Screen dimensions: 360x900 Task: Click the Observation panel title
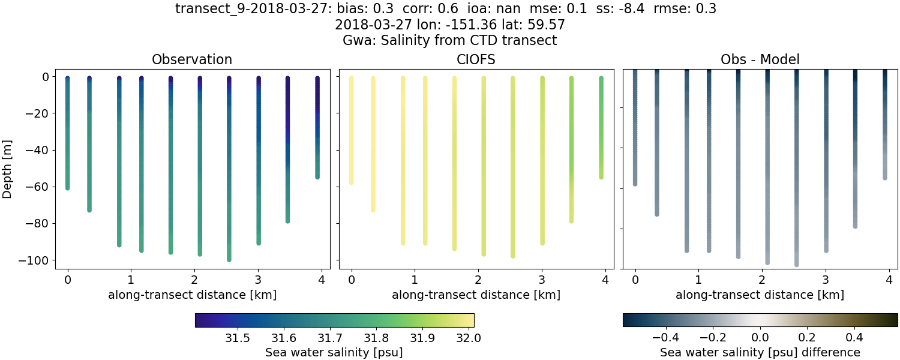click(192, 59)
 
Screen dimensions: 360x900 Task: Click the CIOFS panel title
click(476, 59)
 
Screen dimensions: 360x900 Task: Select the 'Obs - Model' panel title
click(760, 59)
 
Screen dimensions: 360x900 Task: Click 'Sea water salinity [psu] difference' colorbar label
click(760, 352)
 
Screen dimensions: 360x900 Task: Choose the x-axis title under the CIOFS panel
click(476, 295)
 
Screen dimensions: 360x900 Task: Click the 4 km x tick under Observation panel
click(322, 279)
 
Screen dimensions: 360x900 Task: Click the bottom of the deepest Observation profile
click(229, 259)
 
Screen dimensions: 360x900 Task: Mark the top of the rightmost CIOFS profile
click(601, 79)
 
